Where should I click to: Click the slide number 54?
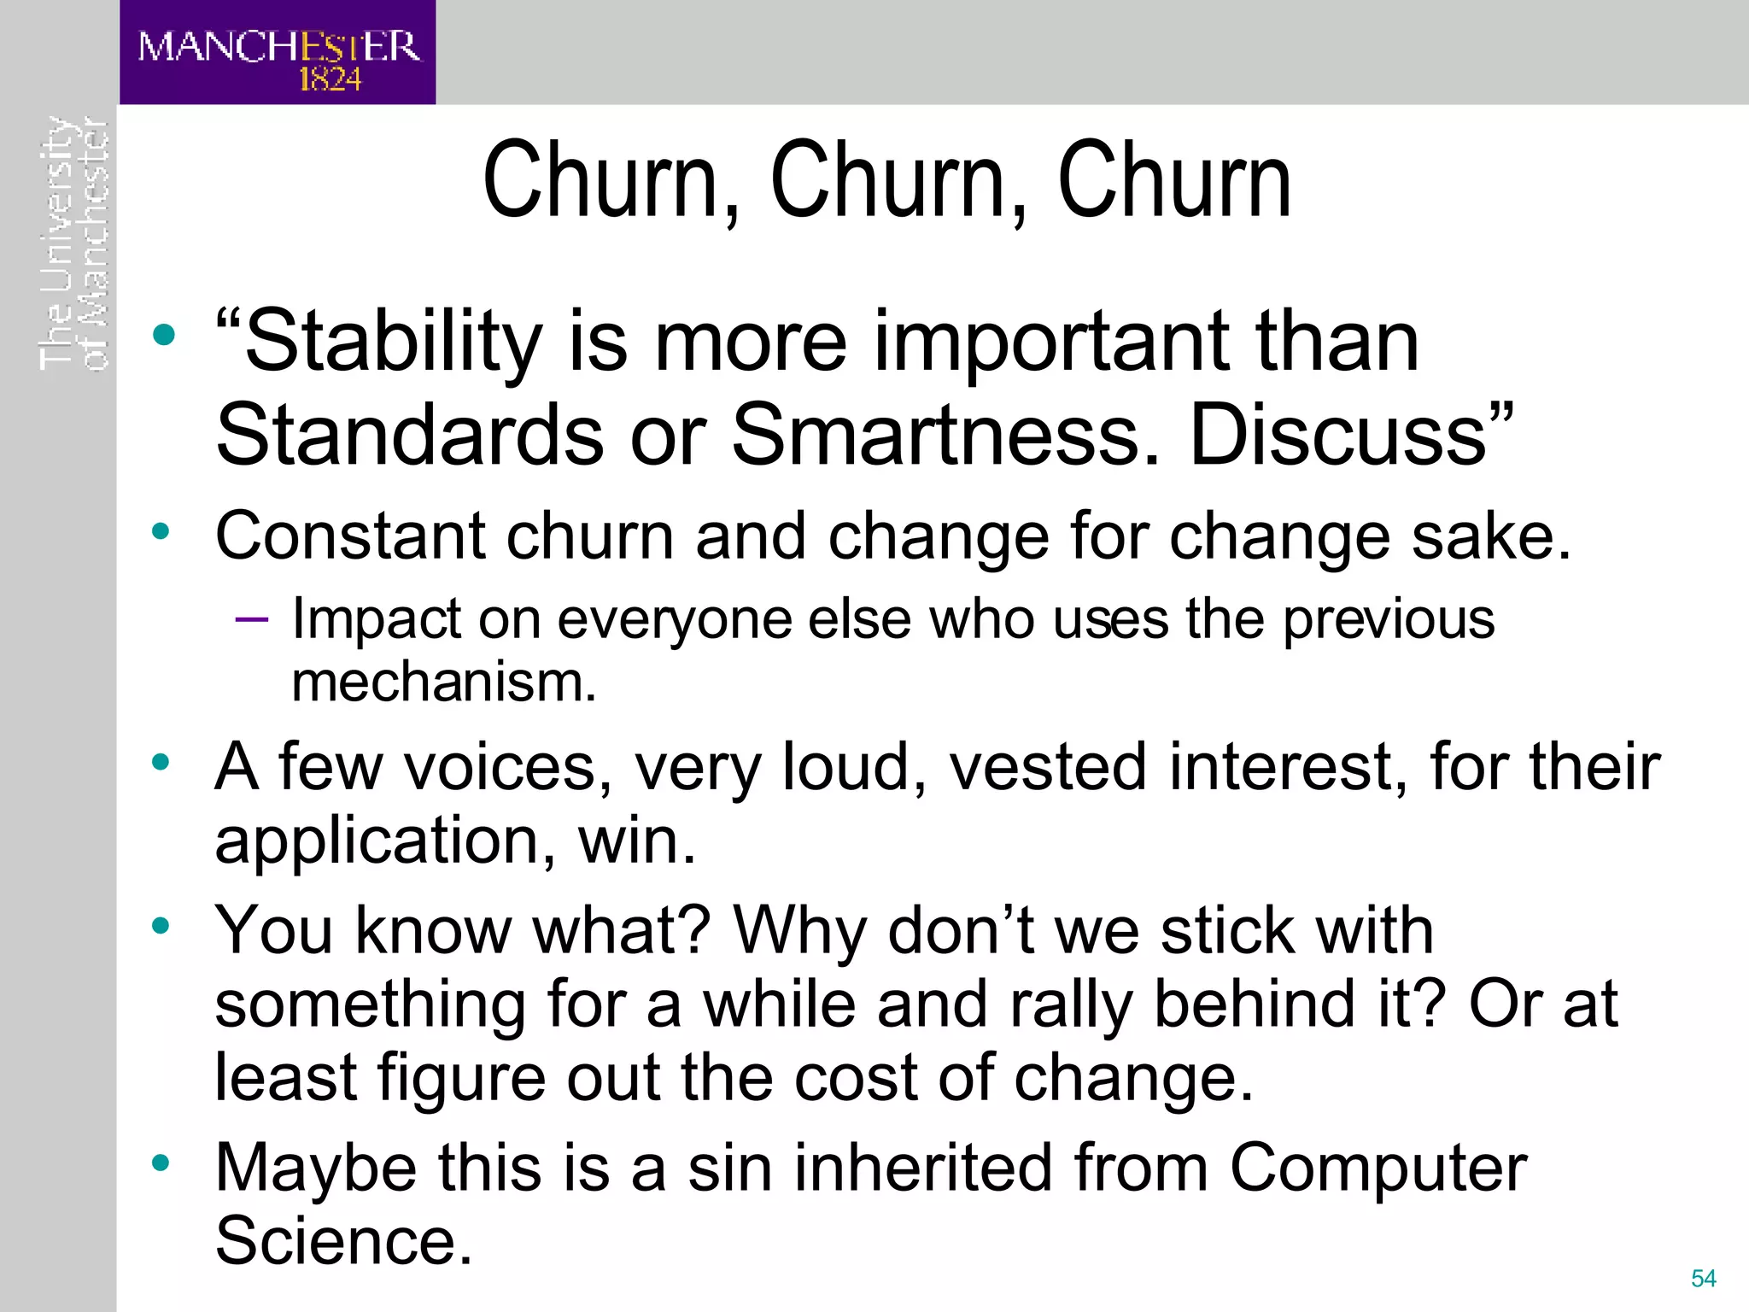pyautogui.click(x=1703, y=1278)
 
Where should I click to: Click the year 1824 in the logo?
pyautogui.click(x=330, y=79)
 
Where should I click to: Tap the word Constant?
pyautogui.click(x=350, y=536)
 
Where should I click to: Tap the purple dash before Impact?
pyautogui.click(x=251, y=618)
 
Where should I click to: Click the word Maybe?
pyautogui.click(x=316, y=1168)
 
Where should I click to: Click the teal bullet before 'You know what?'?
pyautogui.click(x=161, y=925)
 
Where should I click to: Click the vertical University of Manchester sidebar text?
pyautogui.click(x=75, y=243)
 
